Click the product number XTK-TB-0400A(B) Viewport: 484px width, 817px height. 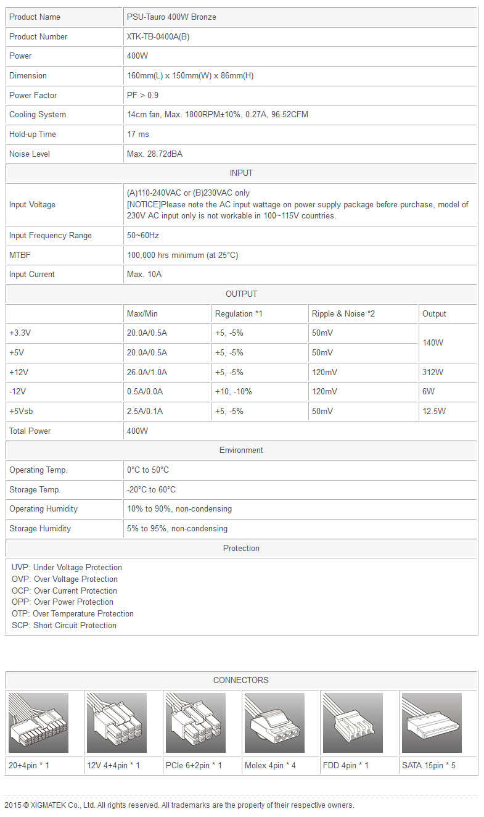point(158,36)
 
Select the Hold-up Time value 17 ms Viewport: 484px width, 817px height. point(138,134)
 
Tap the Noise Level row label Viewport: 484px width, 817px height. point(30,154)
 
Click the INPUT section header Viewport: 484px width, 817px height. point(241,173)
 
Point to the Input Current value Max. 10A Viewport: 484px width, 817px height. point(144,274)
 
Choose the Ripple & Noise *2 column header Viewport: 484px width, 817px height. point(343,313)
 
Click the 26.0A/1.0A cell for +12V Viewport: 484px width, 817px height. point(147,372)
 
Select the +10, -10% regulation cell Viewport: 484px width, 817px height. point(233,391)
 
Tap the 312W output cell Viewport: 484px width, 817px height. point(432,372)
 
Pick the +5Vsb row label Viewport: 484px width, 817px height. point(22,411)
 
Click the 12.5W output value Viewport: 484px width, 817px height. point(434,411)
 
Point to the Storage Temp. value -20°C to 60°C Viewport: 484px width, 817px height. point(151,489)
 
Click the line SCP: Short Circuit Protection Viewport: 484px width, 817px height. point(64,625)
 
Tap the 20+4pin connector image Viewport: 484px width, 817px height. point(38,723)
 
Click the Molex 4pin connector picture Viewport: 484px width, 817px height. point(274,723)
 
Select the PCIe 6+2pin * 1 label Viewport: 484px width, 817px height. point(194,765)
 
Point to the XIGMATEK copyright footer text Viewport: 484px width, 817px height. point(179,805)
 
